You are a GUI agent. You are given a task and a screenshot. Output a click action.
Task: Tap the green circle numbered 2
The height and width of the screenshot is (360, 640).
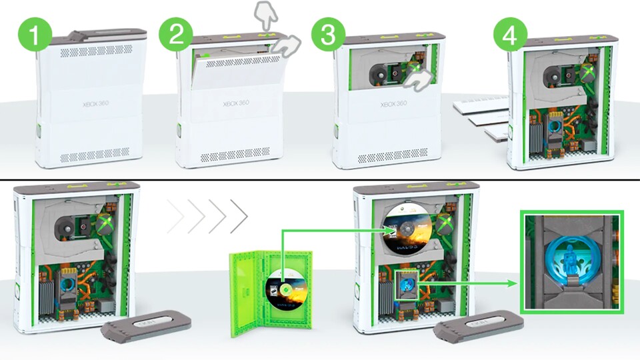[176, 35]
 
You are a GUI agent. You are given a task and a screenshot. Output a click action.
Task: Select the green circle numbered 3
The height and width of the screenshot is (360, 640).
[328, 35]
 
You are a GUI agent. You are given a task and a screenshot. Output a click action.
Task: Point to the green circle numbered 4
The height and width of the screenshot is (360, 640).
[509, 36]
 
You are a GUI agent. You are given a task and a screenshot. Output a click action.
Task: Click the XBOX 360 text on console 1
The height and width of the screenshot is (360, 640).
[92, 104]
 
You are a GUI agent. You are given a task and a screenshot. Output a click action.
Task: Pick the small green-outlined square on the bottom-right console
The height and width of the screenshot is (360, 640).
[408, 283]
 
